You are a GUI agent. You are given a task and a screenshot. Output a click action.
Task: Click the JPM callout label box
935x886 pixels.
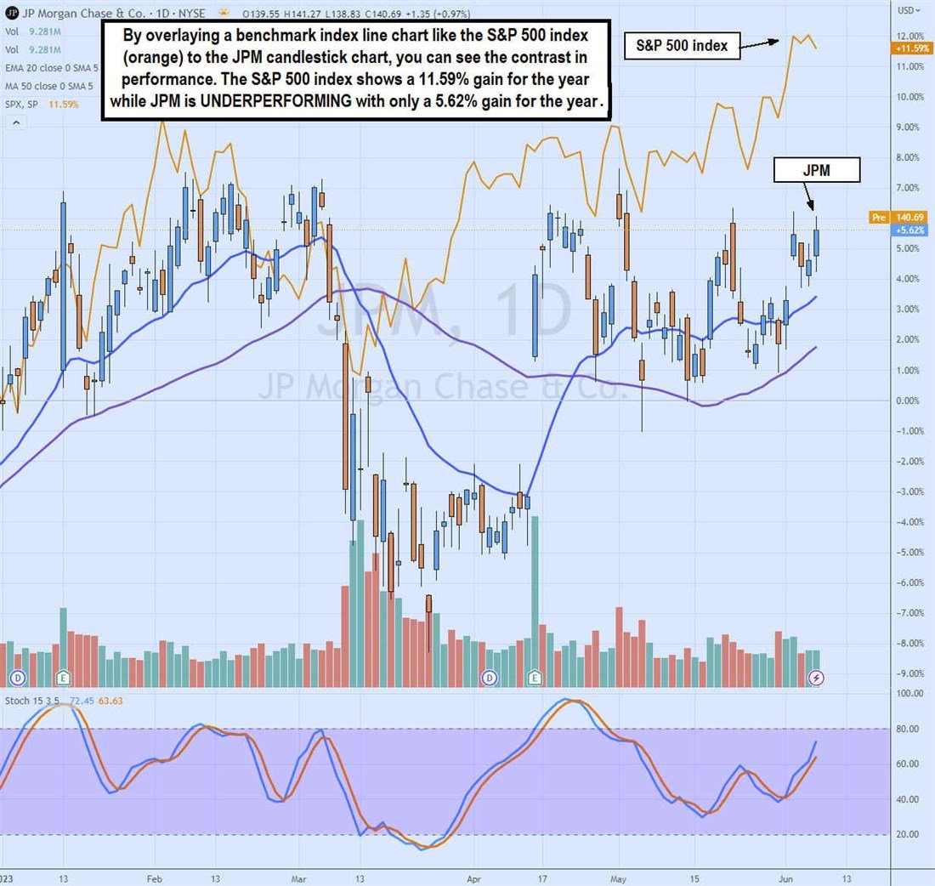(x=816, y=170)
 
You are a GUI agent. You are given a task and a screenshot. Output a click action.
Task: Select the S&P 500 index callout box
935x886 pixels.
(x=682, y=46)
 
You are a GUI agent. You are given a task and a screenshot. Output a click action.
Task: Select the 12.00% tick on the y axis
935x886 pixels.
(x=909, y=36)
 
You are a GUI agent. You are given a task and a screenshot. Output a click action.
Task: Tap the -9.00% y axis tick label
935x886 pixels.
(x=909, y=673)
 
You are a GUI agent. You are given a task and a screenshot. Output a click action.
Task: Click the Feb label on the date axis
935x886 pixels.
(x=154, y=876)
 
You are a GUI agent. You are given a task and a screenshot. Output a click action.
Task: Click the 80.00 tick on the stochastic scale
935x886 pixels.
(x=909, y=729)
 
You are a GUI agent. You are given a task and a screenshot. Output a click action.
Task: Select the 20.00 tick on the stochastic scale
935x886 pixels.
(x=909, y=834)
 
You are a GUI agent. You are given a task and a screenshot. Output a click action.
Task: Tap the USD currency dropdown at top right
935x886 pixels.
(x=909, y=10)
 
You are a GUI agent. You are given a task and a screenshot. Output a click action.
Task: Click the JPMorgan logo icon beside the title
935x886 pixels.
(x=10, y=13)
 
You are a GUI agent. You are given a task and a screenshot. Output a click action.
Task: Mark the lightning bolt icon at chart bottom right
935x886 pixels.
(x=815, y=677)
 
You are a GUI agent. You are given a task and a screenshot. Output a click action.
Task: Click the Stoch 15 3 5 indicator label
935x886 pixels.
(x=31, y=700)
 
